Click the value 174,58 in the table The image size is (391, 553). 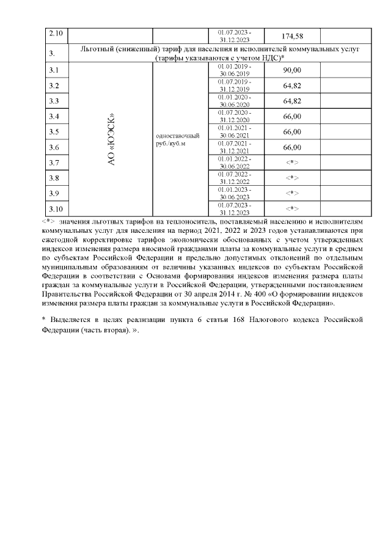click(x=292, y=36)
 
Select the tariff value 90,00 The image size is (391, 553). click(x=292, y=70)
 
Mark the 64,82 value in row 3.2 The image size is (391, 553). click(x=292, y=86)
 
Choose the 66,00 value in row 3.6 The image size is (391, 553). click(x=292, y=147)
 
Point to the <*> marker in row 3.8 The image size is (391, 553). click(x=292, y=178)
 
